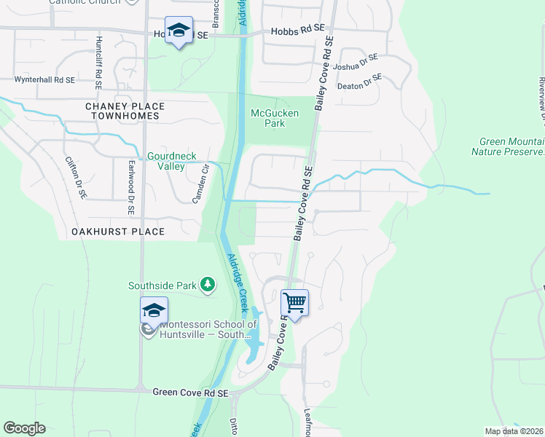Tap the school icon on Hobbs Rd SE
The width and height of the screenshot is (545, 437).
tap(179, 31)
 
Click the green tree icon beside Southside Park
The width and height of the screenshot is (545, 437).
tap(208, 285)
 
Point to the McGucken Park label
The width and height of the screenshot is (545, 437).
tap(267, 118)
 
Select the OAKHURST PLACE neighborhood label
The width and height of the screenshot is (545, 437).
tap(118, 232)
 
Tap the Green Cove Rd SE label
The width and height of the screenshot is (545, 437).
tap(191, 393)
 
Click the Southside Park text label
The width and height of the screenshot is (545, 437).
tap(164, 286)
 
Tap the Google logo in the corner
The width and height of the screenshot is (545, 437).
tap(24, 428)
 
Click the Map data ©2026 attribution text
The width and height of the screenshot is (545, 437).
tap(514, 431)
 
